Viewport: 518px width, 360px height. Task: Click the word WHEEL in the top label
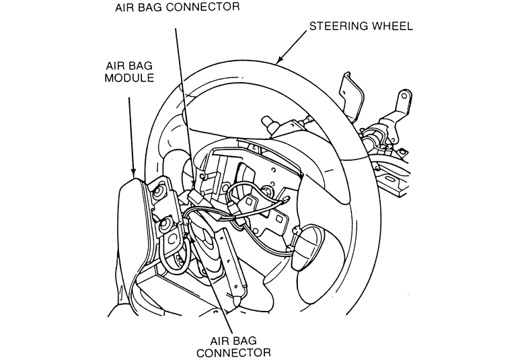389,27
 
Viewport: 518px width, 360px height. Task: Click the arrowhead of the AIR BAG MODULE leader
134,176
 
